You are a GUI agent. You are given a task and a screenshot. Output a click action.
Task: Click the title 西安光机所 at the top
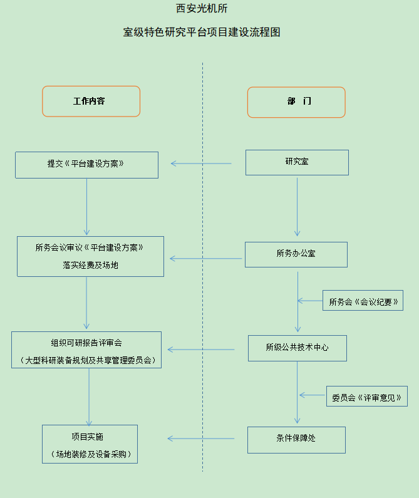click(202, 9)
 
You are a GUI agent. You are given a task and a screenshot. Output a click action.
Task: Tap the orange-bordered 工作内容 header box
click(91, 101)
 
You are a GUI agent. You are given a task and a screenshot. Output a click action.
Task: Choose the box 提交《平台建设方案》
click(86, 164)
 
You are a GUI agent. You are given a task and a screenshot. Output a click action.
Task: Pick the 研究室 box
click(296, 162)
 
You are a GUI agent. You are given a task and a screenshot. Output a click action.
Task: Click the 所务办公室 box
click(296, 254)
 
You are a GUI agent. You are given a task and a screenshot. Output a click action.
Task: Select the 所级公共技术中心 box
click(297, 348)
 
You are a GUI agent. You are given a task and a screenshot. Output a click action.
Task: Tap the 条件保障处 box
click(296, 439)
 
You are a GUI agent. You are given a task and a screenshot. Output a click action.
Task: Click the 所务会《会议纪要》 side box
click(363, 301)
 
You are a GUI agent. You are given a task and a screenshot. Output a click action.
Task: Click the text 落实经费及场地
click(90, 265)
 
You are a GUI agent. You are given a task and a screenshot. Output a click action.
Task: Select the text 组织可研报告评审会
click(86, 343)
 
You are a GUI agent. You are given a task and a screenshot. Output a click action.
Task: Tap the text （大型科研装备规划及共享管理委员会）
click(86, 360)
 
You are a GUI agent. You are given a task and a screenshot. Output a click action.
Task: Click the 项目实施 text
click(90, 436)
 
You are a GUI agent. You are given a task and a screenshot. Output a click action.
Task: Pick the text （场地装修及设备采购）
click(90, 454)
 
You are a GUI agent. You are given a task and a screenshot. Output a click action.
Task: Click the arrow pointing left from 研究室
click(200, 164)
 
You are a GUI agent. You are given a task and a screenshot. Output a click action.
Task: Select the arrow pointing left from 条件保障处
click(200, 438)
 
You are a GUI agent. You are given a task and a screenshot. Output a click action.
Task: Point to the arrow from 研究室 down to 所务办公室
click(297, 207)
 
